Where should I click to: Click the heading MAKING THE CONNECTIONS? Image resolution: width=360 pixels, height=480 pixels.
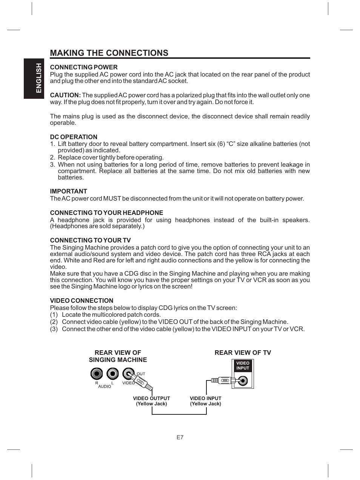point(109,53)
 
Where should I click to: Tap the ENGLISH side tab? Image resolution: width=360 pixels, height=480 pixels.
point(38,78)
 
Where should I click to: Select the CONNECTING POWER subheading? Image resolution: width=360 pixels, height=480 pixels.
point(84,67)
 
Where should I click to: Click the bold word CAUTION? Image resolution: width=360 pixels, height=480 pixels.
point(65,95)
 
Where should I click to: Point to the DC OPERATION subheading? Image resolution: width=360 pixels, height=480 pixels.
point(74,137)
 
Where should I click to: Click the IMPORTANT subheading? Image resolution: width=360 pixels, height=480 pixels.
point(68,191)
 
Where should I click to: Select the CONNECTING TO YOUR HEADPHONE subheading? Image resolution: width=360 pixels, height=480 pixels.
point(106,213)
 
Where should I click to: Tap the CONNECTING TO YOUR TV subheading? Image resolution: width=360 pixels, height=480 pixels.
point(90,240)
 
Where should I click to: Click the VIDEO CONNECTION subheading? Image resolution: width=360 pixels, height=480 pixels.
point(82,301)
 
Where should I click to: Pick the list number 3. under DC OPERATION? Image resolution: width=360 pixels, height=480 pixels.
point(52,165)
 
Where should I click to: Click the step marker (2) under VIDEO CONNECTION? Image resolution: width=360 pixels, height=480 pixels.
point(54,322)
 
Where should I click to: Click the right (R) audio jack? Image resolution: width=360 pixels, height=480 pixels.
point(97,374)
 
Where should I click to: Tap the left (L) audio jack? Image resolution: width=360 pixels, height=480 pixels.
point(112,374)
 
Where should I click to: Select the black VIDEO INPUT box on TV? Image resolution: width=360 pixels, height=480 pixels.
point(243,366)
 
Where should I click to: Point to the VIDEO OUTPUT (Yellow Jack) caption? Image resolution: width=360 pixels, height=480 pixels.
point(151,401)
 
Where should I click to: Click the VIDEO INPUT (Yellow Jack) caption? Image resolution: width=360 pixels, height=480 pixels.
point(205,401)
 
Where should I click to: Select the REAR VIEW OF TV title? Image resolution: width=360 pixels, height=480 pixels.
point(243,353)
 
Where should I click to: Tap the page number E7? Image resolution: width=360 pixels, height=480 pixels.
point(180,437)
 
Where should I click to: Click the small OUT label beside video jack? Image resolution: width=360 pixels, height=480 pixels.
point(141,374)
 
